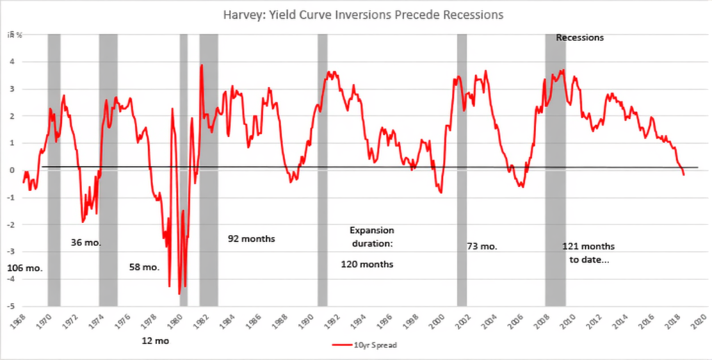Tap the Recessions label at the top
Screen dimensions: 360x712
click(x=580, y=38)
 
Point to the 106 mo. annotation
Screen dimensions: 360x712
click(x=23, y=268)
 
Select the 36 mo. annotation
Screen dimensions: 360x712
click(x=87, y=243)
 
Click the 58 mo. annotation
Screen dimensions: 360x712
click(x=145, y=267)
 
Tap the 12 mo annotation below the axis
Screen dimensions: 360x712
click(x=155, y=341)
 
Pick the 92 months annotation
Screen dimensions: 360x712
click(x=251, y=238)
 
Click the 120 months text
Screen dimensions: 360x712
click(x=367, y=264)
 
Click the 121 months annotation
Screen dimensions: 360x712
click(x=588, y=246)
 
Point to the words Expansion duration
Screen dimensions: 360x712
click(x=371, y=236)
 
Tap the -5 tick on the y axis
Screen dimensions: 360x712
click(x=11, y=306)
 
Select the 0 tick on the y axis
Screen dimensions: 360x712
click(x=13, y=170)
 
